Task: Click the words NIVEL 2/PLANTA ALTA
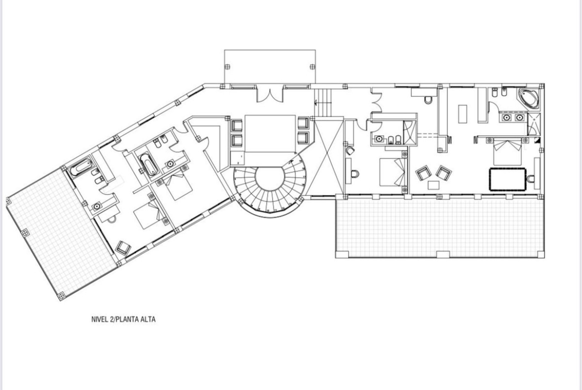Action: [123, 319]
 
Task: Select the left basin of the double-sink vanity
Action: [506, 118]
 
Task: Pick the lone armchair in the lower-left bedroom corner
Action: [123, 247]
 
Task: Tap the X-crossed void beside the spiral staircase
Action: [329, 156]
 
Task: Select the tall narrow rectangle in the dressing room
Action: [463, 114]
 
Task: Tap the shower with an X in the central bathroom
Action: [409, 132]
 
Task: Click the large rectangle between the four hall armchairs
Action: [270, 134]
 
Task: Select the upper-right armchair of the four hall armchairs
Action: [303, 123]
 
